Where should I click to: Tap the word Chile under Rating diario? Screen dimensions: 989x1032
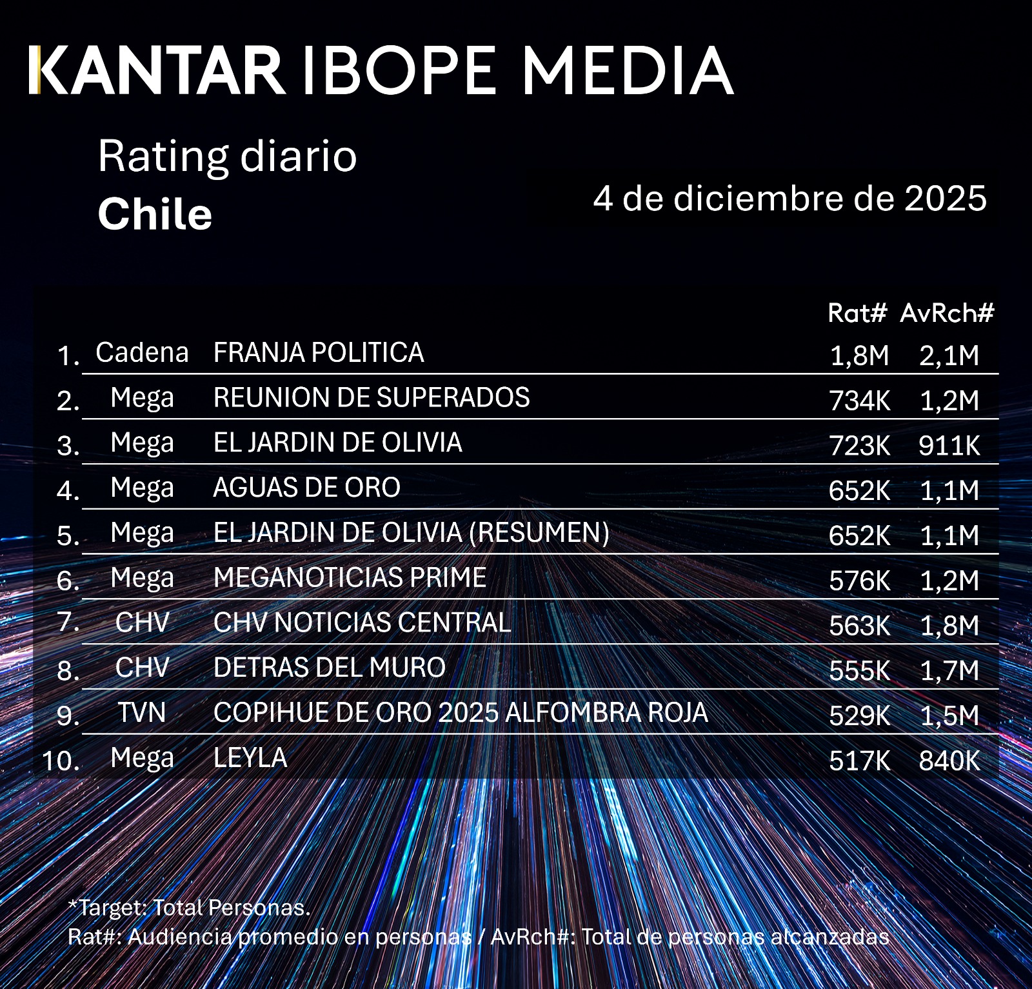tap(155, 214)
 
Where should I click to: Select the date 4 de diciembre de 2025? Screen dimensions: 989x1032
tap(789, 198)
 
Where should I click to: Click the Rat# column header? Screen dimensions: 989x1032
tap(857, 313)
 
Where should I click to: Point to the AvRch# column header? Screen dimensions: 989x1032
tap(947, 313)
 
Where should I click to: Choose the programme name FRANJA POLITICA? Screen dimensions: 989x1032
tap(319, 353)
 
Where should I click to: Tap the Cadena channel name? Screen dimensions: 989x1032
tap(142, 353)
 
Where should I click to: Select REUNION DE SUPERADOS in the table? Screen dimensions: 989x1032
tap(372, 397)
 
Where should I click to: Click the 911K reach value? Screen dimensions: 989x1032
tap(949, 446)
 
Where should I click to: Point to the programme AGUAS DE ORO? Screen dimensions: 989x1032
tap(306, 488)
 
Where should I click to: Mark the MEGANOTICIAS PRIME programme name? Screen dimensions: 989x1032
tap(350, 577)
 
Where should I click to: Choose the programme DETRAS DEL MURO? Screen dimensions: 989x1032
tap(329, 668)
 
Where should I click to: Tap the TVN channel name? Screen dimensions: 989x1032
tap(142, 713)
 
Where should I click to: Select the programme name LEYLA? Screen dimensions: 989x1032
tap(250, 758)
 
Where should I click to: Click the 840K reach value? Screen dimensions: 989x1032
tap(949, 761)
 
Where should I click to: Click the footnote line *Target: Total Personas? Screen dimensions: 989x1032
tap(189, 908)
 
